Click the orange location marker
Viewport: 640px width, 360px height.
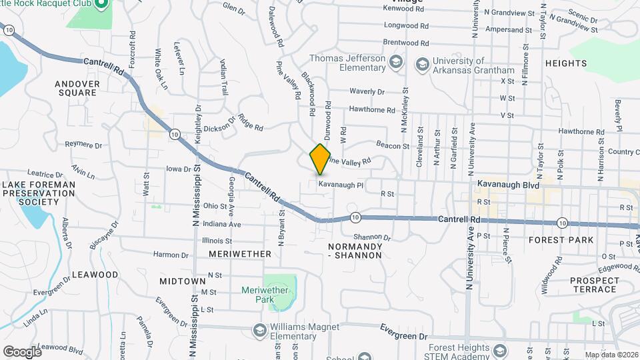[x=320, y=159]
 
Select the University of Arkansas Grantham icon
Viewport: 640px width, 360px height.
[x=421, y=65]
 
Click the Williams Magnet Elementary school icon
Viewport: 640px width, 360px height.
[x=259, y=331]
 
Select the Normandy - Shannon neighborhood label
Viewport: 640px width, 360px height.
[x=355, y=251]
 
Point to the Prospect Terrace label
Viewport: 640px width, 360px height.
[x=593, y=285]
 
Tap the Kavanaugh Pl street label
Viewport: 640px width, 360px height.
[x=340, y=185]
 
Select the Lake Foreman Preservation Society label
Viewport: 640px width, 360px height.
[x=38, y=193]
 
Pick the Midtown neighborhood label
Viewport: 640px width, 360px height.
[x=182, y=281]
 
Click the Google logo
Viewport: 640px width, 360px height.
[x=22, y=351]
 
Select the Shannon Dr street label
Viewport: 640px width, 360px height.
[x=371, y=237]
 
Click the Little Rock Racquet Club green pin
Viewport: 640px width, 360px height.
[x=101, y=5]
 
